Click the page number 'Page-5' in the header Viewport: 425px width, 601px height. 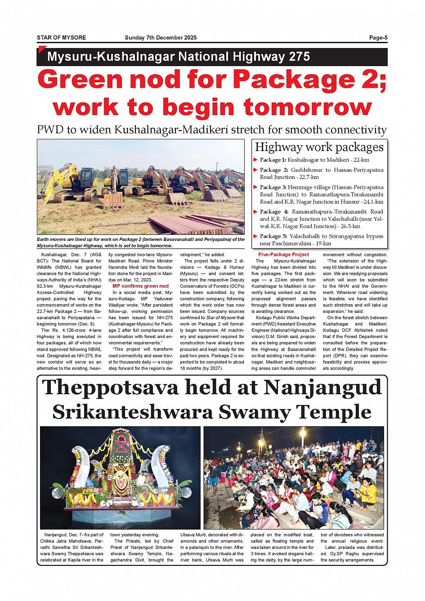[378, 38]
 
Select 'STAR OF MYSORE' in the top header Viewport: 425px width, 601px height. [61, 38]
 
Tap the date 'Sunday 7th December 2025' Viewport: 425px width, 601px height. [161, 38]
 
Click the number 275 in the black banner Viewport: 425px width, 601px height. [300, 57]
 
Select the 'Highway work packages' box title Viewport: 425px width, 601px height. [319, 147]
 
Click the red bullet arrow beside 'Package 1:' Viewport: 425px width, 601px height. [256, 160]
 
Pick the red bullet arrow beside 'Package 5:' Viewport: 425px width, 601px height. [256, 236]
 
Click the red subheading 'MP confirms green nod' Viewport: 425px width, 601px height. [140, 286]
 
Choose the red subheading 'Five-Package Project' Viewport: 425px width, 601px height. [283, 254]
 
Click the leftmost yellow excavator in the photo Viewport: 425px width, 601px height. [67, 182]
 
